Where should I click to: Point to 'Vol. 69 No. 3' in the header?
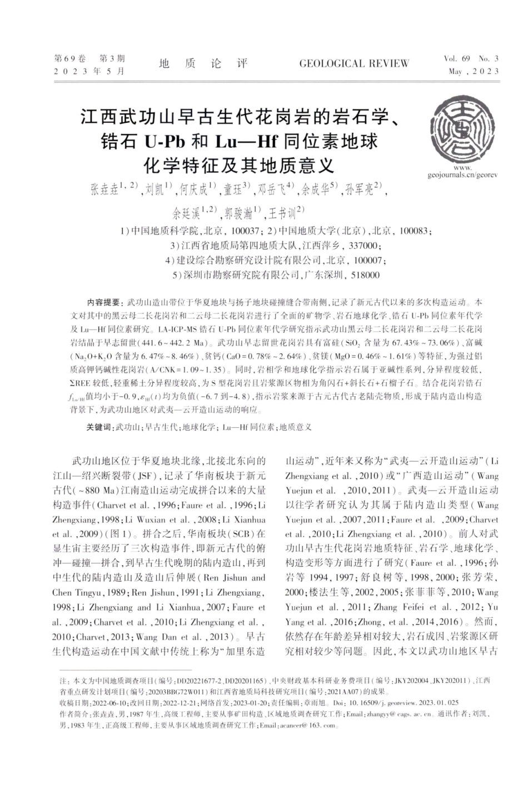pyautogui.click(x=471, y=58)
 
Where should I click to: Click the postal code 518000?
pyautogui.click(x=365, y=275)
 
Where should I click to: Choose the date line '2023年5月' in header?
pyautogui.click(x=89, y=71)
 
